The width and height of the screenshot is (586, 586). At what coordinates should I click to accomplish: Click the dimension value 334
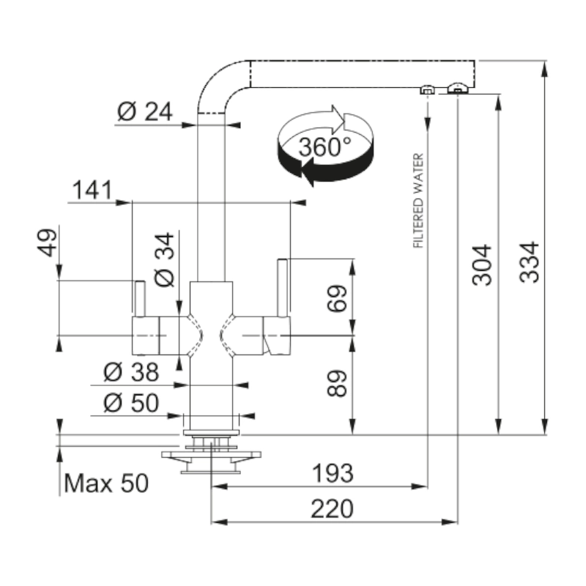point(530,262)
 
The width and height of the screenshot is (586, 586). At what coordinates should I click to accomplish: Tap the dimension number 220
point(332,507)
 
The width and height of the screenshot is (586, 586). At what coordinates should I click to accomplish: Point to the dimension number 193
point(332,472)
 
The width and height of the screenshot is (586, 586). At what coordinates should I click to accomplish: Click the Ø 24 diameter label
point(144,111)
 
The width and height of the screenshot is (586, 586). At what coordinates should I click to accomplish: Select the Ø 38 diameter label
point(131,372)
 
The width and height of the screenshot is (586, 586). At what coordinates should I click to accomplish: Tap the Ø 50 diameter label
point(131,403)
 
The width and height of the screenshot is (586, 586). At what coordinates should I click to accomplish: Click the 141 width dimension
point(92,190)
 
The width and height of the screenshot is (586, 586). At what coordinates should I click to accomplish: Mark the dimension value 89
point(336,381)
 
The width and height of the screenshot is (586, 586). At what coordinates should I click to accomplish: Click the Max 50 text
point(106,483)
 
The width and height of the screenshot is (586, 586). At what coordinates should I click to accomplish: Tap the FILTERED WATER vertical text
point(419,201)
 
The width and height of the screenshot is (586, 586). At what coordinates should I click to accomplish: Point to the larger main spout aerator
point(456,89)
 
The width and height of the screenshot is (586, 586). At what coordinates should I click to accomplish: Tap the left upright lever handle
point(139,299)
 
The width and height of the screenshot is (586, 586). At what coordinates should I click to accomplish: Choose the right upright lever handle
point(282,288)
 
